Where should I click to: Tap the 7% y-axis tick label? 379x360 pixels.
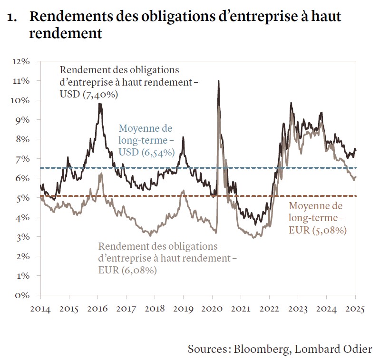24,159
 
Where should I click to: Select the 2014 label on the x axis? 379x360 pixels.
40,308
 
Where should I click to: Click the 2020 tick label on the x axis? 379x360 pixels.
212,308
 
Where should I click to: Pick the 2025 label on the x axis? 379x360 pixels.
356,308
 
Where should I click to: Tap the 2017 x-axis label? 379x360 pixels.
126,308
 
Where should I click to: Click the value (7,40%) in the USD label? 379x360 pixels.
101,95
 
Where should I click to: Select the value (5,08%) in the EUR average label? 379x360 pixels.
327,231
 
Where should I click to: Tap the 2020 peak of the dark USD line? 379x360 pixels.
218,81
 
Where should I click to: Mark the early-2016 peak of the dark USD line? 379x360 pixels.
100,104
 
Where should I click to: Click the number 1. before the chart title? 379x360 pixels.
14,18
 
